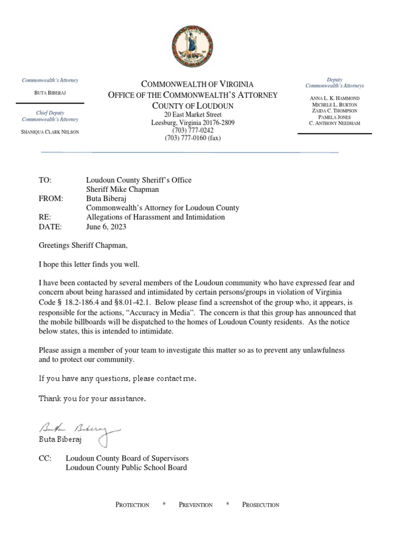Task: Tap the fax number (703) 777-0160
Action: click(x=193, y=138)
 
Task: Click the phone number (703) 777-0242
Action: click(x=193, y=130)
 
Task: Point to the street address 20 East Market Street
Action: click(x=193, y=115)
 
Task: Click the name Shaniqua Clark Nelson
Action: click(x=50, y=131)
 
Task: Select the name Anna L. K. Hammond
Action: click(x=334, y=98)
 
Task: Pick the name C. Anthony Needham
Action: click(x=334, y=123)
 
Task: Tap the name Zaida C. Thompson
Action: click(x=334, y=110)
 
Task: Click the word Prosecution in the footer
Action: click(x=260, y=505)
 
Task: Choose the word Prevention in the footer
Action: click(x=195, y=505)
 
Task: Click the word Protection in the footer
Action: click(x=132, y=505)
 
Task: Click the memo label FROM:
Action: click(x=51, y=199)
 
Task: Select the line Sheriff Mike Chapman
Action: click(x=123, y=189)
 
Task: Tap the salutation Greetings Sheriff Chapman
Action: click(x=83, y=245)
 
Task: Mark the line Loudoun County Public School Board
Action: click(x=126, y=468)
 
